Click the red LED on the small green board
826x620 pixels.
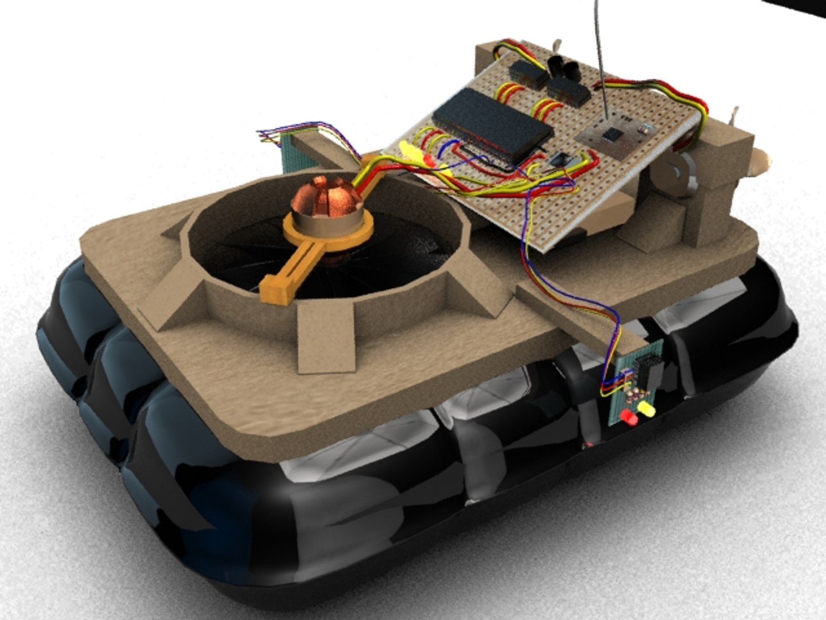[630, 418]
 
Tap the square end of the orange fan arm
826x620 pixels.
[274, 288]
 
